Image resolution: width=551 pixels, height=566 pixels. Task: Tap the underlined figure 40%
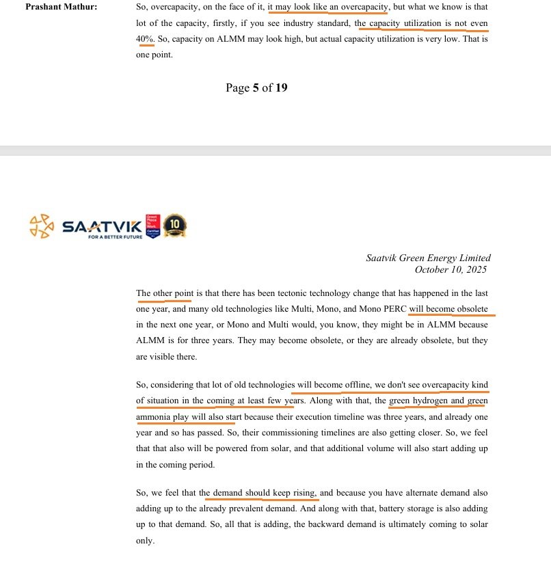click(145, 39)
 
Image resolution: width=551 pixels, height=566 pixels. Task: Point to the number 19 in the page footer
click(282, 87)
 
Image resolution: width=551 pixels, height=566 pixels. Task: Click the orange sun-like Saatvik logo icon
click(42, 226)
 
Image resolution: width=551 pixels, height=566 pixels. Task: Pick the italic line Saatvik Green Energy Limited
click(428, 258)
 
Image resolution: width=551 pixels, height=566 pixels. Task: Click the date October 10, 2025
click(455, 269)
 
